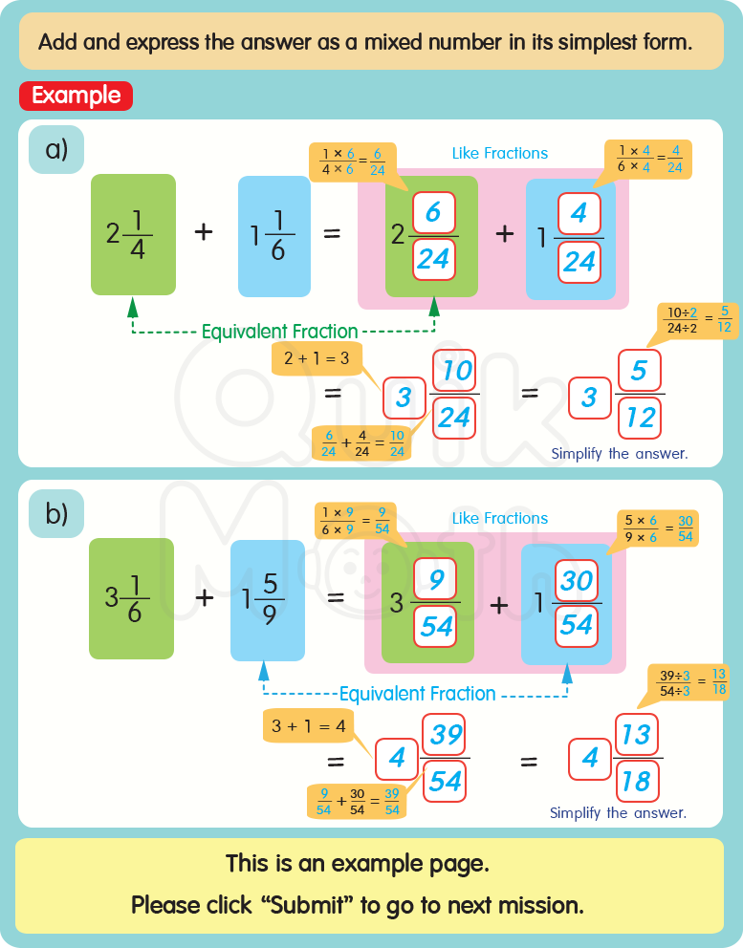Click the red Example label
point(76,96)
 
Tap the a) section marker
point(56,149)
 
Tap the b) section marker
point(56,513)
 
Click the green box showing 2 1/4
point(133,234)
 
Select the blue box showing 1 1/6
point(273,234)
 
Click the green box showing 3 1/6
point(131,598)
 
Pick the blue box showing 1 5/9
point(267,598)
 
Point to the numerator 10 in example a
point(455,371)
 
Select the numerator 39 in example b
point(445,735)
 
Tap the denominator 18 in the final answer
point(635,782)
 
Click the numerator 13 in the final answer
point(635,735)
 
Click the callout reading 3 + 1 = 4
point(307,725)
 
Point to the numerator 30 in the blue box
point(577,581)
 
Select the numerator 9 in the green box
point(435,579)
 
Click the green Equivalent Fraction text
point(279,333)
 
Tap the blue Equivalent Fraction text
point(417,694)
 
